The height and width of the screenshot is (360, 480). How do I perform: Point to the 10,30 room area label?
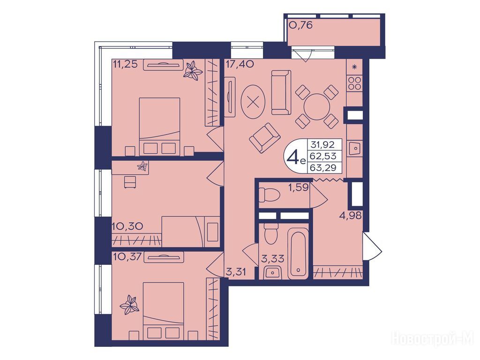[x=127, y=226]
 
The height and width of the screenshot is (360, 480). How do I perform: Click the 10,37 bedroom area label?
[x=127, y=256]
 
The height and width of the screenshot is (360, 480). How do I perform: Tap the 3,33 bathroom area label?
[x=272, y=258]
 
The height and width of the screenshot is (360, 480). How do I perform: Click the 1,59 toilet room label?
[x=298, y=187]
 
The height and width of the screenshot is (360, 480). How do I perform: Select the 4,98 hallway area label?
[x=350, y=216]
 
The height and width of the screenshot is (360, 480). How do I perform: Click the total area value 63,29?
[x=323, y=167]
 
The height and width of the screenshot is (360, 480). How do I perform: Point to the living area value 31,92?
[x=323, y=144]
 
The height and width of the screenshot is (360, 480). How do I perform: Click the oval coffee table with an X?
[x=253, y=102]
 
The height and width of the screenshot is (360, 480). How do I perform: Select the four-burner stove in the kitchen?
[x=355, y=83]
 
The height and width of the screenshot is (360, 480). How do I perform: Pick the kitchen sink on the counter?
[x=355, y=149]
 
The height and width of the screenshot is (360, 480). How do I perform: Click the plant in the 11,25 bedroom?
[x=193, y=71]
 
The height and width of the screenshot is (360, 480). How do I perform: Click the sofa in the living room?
[x=281, y=92]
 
